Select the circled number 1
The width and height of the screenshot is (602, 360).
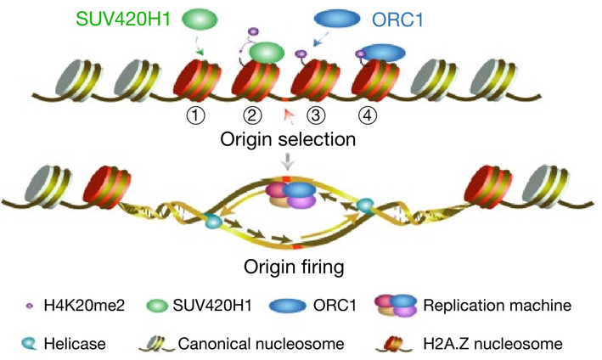pos(197,115)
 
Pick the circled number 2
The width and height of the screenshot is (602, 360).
pos(251,115)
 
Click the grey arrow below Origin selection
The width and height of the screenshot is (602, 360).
pos(290,163)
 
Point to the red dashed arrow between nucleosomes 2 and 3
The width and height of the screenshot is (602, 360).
pos(290,114)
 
